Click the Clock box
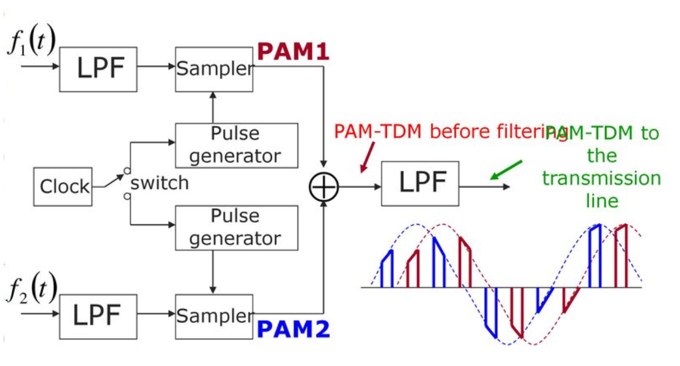63,186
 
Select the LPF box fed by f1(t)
98,69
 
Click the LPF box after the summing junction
420,183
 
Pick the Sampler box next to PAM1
214,69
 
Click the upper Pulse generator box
235,145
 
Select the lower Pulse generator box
235,227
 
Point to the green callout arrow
507,170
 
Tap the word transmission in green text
601,179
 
